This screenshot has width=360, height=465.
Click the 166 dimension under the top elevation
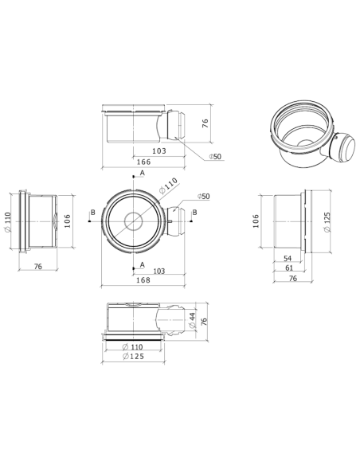144,162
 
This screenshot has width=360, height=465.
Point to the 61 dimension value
290,269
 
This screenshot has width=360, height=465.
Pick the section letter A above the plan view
143,173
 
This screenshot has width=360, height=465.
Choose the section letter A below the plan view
143,264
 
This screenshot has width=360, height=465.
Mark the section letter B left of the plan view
93,213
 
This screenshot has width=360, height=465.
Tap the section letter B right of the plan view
195,213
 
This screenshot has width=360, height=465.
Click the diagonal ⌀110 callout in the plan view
169,188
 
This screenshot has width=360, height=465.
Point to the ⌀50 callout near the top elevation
216,157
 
